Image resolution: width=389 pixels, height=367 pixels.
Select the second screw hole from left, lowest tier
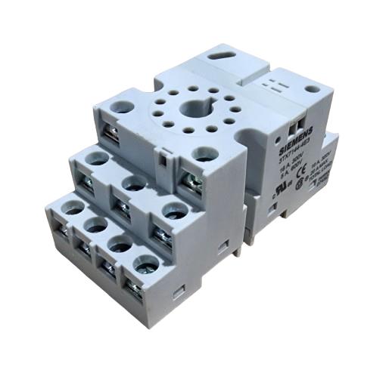[96, 224]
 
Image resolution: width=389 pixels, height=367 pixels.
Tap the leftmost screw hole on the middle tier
[97, 159]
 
